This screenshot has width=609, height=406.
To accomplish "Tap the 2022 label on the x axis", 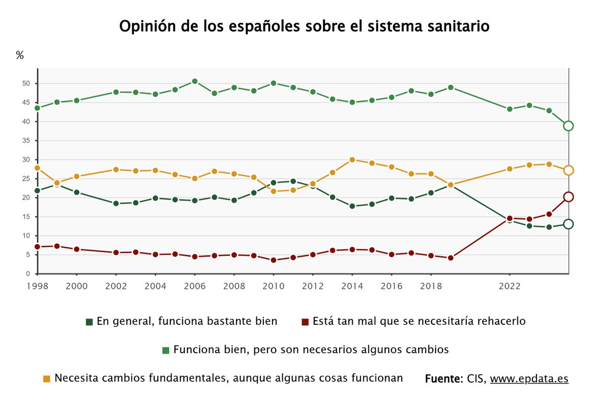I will pyautogui.click(x=509, y=286).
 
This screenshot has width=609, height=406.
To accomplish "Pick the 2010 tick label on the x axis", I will pyautogui.click(x=273, y=286).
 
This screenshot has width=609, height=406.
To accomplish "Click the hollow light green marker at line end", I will pyautogui.click(x=568, y=126).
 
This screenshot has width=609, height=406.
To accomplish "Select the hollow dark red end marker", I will pyautogui.click(x=568, y=197).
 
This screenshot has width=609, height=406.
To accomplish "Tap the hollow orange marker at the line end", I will pyautogui.click(x=568, y=170).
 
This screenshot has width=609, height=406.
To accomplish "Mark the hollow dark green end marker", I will pyautogui.click(x=568, y=224).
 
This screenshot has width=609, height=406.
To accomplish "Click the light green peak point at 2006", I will pyautogui.click(x=194, y=81).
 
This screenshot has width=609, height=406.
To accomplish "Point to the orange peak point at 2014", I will pyautogui.click(x=352, y=159).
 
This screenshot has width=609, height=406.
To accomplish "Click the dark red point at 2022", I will pyautogui.click(x=510, y=218).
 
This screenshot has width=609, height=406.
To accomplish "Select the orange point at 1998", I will pyautogui.click(x=37, y=168).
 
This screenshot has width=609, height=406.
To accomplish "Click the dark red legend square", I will pyautogui.click(x=304, y=322).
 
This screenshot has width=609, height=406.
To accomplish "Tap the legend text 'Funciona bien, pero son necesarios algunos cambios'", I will pyautogui.click(x=311, y=350).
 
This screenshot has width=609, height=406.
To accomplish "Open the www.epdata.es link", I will pyautogui.click(x=529, y=379).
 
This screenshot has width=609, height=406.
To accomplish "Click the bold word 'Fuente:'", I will pyautogui.click(x=443, y=379).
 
